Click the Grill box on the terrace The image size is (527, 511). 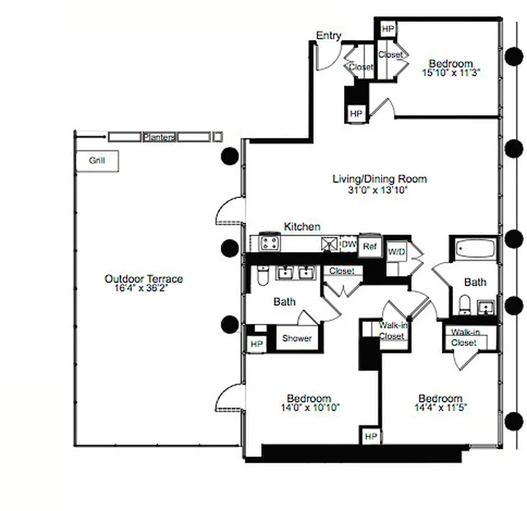[97, 161]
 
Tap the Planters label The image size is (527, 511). [159, 137]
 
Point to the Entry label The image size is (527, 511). [328, 36]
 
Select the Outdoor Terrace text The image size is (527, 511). [143, 279]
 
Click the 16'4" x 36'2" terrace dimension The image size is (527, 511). [143, 288]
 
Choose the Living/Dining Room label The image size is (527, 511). [379, 179]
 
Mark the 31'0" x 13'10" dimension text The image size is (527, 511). [379, 189]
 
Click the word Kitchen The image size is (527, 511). [302, 227]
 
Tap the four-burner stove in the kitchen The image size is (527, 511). [269, 243]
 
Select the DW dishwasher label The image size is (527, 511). [348, 244]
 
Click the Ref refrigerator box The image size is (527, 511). [369, 246]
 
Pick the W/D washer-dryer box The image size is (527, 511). [397, 252]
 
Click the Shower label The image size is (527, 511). [297, 338]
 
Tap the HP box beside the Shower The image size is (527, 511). [256, 344]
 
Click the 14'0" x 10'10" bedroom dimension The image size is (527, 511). [308, 407]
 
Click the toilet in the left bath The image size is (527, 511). [261, 276]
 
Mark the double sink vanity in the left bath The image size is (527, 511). [295, 273]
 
